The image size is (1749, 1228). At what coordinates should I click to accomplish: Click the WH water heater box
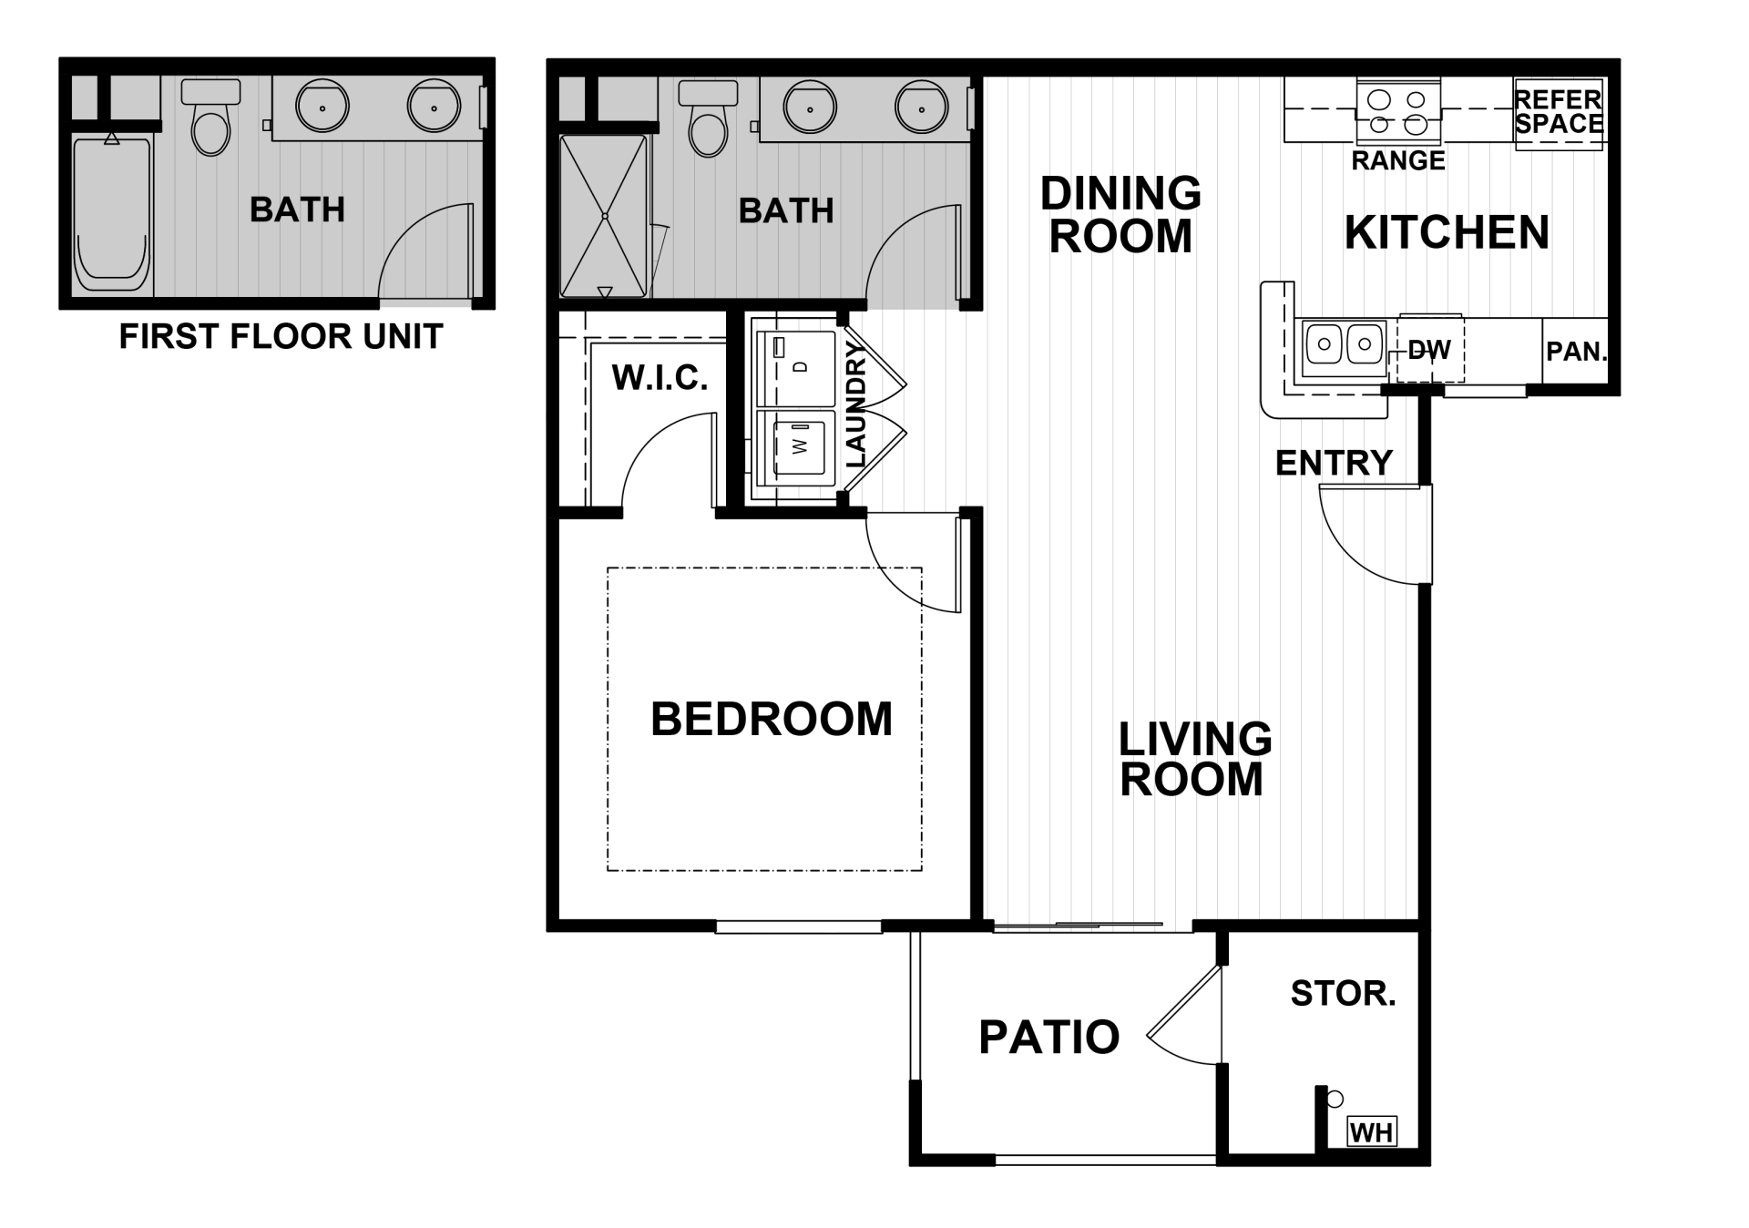click(1371, 1132)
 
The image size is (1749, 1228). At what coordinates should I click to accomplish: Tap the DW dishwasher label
click(1427, 350)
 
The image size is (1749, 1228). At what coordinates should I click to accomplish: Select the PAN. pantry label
click(1576, 351)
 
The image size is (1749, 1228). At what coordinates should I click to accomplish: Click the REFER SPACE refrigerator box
click(1558, 113)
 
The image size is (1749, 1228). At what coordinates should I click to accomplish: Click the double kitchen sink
click(1344, 345)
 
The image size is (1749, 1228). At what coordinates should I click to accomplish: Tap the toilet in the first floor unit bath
click(210, 120)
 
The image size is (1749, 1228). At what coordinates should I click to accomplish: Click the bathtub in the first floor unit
click(112, 217)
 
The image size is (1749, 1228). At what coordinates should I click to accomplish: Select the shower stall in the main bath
click(604, 217)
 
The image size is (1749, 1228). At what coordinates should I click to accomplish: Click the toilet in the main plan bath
click(709, 120)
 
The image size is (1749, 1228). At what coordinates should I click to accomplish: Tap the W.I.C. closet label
click(660, 377)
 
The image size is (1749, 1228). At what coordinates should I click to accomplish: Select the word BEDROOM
click(771, 719)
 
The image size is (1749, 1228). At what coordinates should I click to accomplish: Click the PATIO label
click(1048, 1037)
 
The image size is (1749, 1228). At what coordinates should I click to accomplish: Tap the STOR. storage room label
click(1343, 993)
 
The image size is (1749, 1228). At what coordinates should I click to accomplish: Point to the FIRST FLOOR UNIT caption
click(281, 337)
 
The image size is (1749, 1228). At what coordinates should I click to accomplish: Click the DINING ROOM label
click(1120, 215)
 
